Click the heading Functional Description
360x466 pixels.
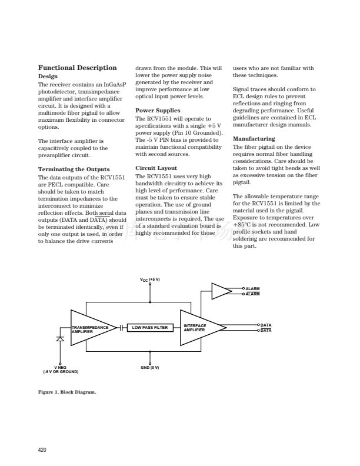pyautogui.click(x=77, y=68)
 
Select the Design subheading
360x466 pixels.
pyautogui.click(x=48, y=76)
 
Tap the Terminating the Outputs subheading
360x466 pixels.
pyautogui.click(x=74, y=169)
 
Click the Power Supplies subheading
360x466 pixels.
pyautogui.click(x=158, y=110)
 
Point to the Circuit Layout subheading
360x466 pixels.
pyautogui.click(x=156, y=168)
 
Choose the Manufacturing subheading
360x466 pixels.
pyautogui.click(x=254, y=139)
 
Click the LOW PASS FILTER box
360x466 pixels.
pyautogui.click(x=149, y=328)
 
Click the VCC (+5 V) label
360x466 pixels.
pyautogui.click(x=150, y=280)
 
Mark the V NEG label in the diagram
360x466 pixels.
pyautogui.click(x=61, y=370)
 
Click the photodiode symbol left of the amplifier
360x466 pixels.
pyautogui.click(x=60, y=339)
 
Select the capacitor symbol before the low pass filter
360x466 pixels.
pyautogui.click(x=121, y=328)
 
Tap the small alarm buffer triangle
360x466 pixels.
pyautogui.click(x=221, y=291)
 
